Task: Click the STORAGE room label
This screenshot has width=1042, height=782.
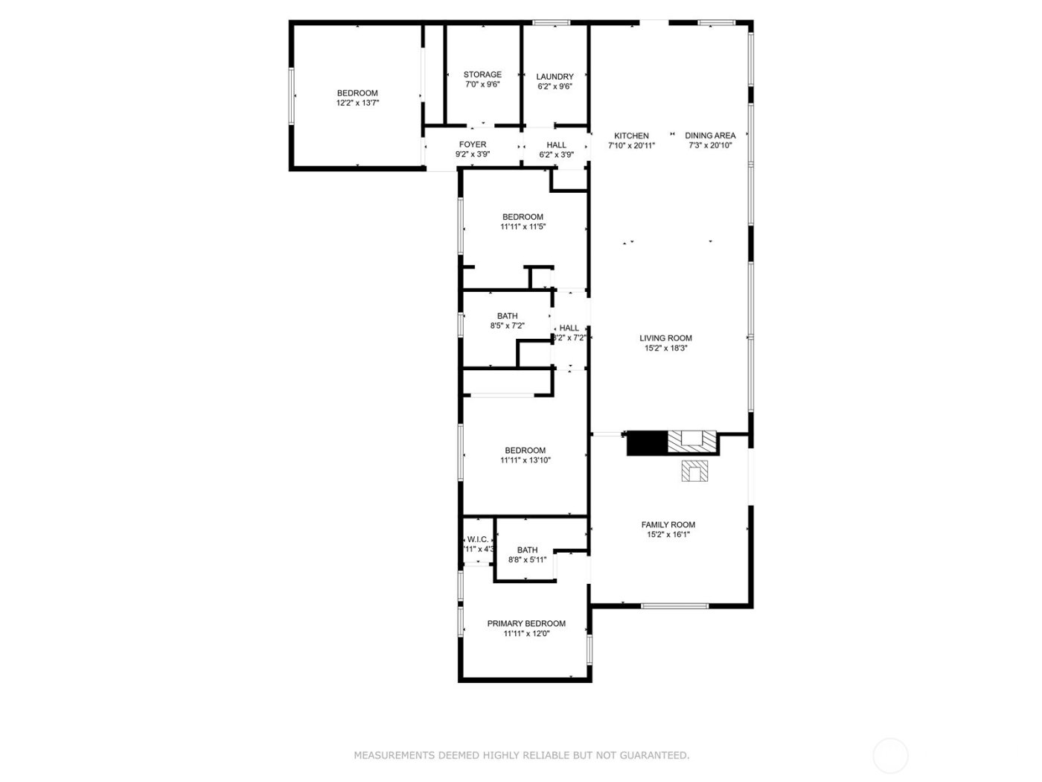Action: tap(482, 74)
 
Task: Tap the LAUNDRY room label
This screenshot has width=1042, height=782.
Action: tap(554, 77)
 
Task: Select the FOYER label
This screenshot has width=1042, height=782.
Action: tap(473, 144)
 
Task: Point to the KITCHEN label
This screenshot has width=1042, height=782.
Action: tap(631, 136)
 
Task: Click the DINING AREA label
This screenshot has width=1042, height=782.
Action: tap(710, 136)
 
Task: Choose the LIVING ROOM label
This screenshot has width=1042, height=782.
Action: tap(665, 338)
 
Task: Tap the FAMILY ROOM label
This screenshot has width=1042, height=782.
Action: tap(668, 524)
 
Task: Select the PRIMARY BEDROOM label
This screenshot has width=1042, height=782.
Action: tap(526, 623)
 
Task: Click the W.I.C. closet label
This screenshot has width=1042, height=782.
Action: tap(477, 540)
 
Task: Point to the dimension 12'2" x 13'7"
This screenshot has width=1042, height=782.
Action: tap(357, 104)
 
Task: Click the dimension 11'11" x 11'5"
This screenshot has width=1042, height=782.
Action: tap(522, 227)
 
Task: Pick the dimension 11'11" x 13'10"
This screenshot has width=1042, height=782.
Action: tap(525, 460)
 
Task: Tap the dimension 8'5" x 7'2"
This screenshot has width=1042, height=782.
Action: tap(507, 326)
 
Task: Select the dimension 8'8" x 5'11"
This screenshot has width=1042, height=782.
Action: tap(527, 560)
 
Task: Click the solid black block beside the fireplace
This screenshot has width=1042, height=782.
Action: tap(647, 443)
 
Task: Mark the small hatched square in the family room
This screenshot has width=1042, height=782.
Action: tap(695, 471)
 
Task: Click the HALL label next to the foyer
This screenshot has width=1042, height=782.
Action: tap(556, 145)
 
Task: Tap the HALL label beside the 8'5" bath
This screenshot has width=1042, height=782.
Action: tap(569, 328)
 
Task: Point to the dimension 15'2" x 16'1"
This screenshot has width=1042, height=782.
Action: tap(668, 535)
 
